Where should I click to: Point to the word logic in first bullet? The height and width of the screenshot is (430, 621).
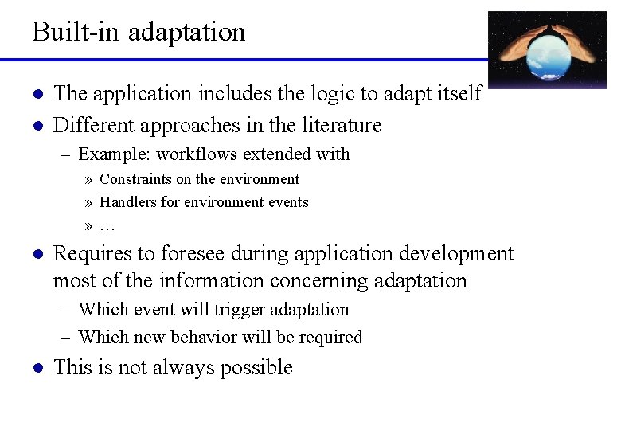point(330,95)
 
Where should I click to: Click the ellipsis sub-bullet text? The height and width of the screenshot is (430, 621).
point(107,226)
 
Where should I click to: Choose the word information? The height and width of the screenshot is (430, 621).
point(212,281)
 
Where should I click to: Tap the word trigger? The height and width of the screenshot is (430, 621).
point(240,310)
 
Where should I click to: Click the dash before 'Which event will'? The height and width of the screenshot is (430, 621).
point(64,310)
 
